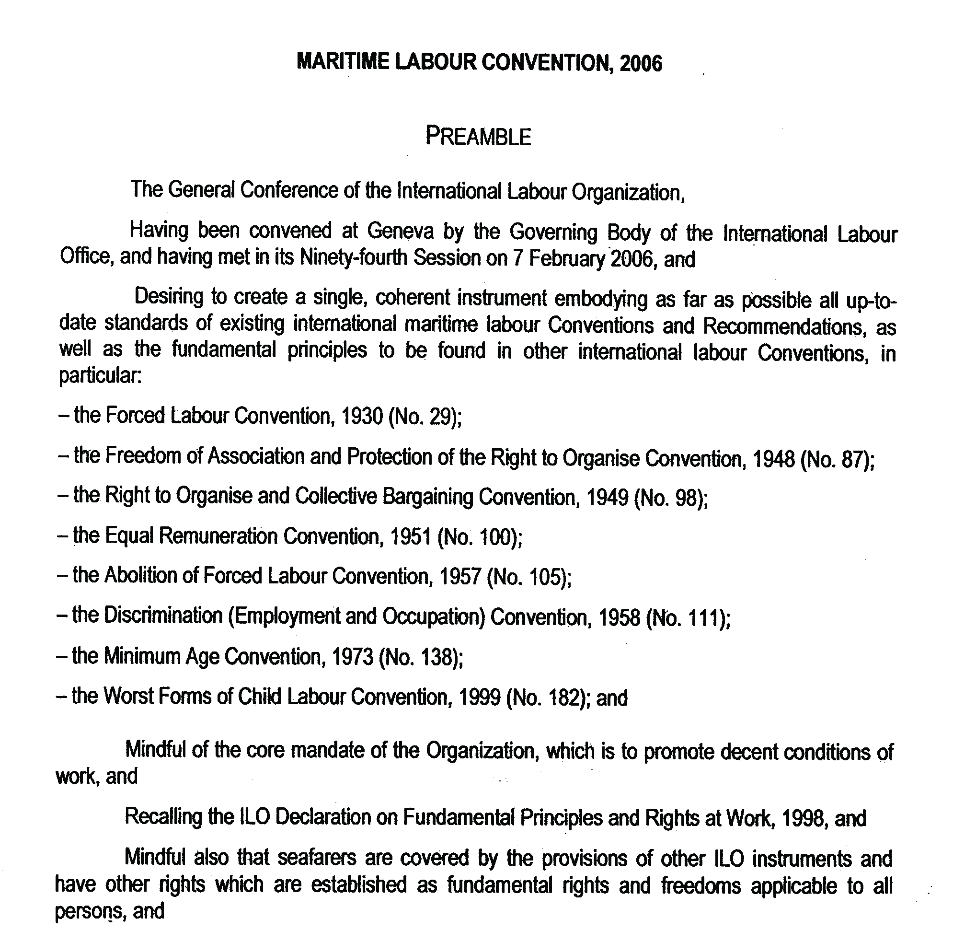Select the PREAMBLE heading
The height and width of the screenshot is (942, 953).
(478, 137)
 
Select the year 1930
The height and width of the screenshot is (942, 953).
(362, 417)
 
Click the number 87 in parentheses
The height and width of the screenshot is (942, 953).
(854, 459)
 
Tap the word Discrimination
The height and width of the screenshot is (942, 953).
(163, 616)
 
